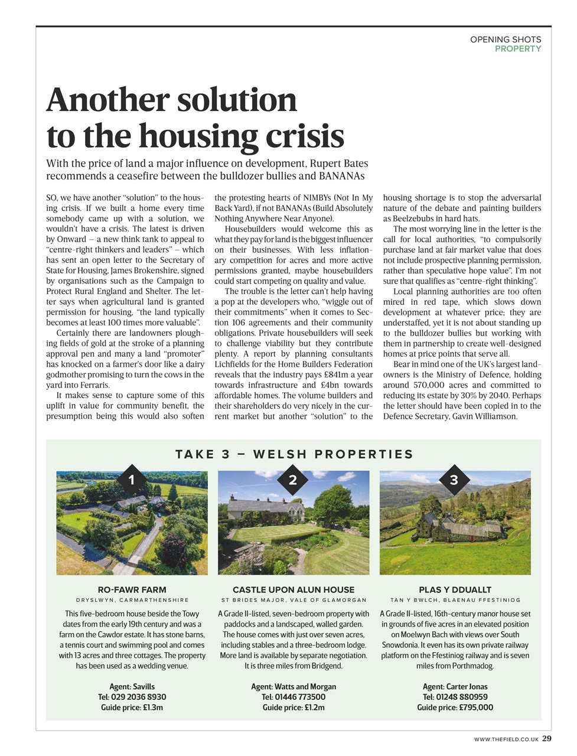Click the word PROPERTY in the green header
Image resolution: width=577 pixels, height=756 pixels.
tap(518, 49)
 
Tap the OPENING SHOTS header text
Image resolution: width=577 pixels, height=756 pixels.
tap(506, 40)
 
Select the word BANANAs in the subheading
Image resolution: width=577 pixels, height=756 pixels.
tap(342, 176)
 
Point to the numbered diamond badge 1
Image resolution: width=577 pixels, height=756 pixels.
tap(132, 480)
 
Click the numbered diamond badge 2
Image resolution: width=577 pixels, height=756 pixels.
tap(293, 480)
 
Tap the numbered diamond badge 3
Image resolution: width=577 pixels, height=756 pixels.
tap(454, 480)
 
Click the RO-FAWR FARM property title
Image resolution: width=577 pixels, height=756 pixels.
tap(132, 589)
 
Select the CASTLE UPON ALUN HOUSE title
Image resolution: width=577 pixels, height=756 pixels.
tap(294, 589)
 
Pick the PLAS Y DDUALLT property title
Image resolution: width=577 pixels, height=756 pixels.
tap(455, 589)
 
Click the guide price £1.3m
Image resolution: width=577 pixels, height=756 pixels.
tap(152, 708)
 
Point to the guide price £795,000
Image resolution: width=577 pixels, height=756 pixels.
tap(476, 708)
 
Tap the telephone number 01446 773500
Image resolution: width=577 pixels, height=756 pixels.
tap(300, 697)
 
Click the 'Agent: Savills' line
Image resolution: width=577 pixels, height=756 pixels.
tap(132, 686)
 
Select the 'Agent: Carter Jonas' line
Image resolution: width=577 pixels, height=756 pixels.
tap(455, 686)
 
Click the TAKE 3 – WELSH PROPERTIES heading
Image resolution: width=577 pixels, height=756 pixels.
tap(294, 454)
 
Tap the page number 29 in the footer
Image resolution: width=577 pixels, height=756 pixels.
tap(547, 738)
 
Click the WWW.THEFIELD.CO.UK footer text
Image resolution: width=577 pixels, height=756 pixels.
tap(506, 739)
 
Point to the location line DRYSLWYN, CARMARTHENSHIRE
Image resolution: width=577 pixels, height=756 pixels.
tap(132, 600)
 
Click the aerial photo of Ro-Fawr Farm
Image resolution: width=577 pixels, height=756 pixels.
tap(132, 523)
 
